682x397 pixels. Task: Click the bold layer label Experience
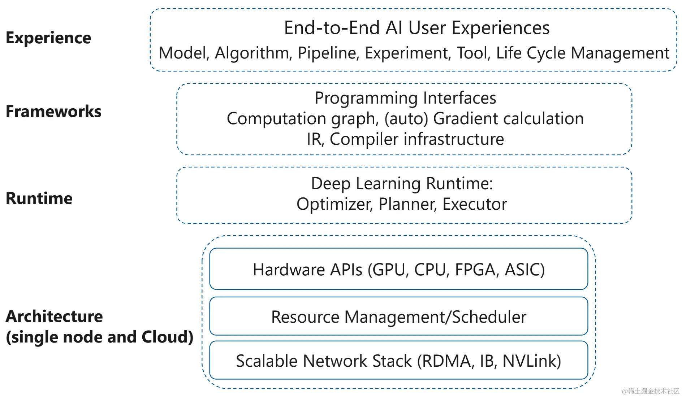point(48,38)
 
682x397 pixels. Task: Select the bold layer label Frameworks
point(53,111)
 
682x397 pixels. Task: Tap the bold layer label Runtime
point(39,198)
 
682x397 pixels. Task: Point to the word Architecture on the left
point(54,316)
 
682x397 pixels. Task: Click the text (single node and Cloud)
point(100,337)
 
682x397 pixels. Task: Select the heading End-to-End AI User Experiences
point(417,28)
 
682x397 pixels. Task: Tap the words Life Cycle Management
point(582,53)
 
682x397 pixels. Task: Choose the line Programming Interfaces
point(405,98)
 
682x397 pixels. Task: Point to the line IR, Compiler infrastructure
point(405,139)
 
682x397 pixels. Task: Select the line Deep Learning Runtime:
point(402,183)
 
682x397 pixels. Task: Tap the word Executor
point(475,204)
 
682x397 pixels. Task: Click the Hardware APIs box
point(398,269)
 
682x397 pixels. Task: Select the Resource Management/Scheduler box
point(398,317)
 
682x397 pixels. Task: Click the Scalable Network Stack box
point(398,360)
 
